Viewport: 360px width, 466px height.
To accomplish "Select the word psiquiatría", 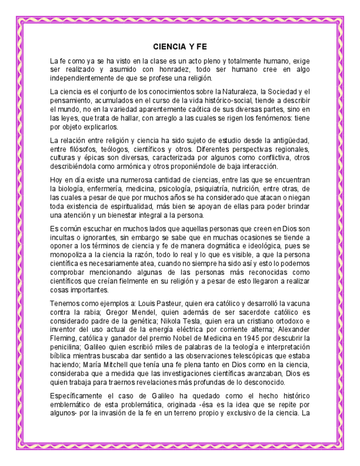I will (215, 189).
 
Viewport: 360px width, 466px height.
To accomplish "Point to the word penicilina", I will (65, 348).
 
